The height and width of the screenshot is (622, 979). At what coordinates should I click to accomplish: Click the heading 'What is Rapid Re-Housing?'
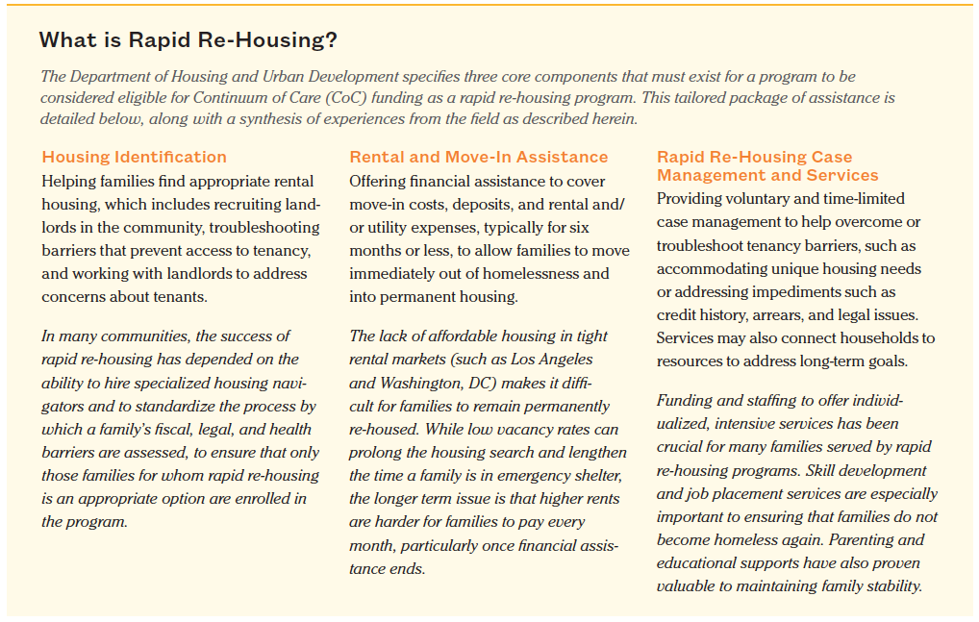(188, 41)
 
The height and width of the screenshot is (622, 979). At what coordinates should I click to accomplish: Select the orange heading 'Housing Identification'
(134, 157)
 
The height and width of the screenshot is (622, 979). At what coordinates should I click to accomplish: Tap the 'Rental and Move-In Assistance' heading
(478, 157)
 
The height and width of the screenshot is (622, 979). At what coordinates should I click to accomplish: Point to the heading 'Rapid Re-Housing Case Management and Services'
(766, 166)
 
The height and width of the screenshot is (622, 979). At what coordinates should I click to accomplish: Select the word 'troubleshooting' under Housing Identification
(265, 227)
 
